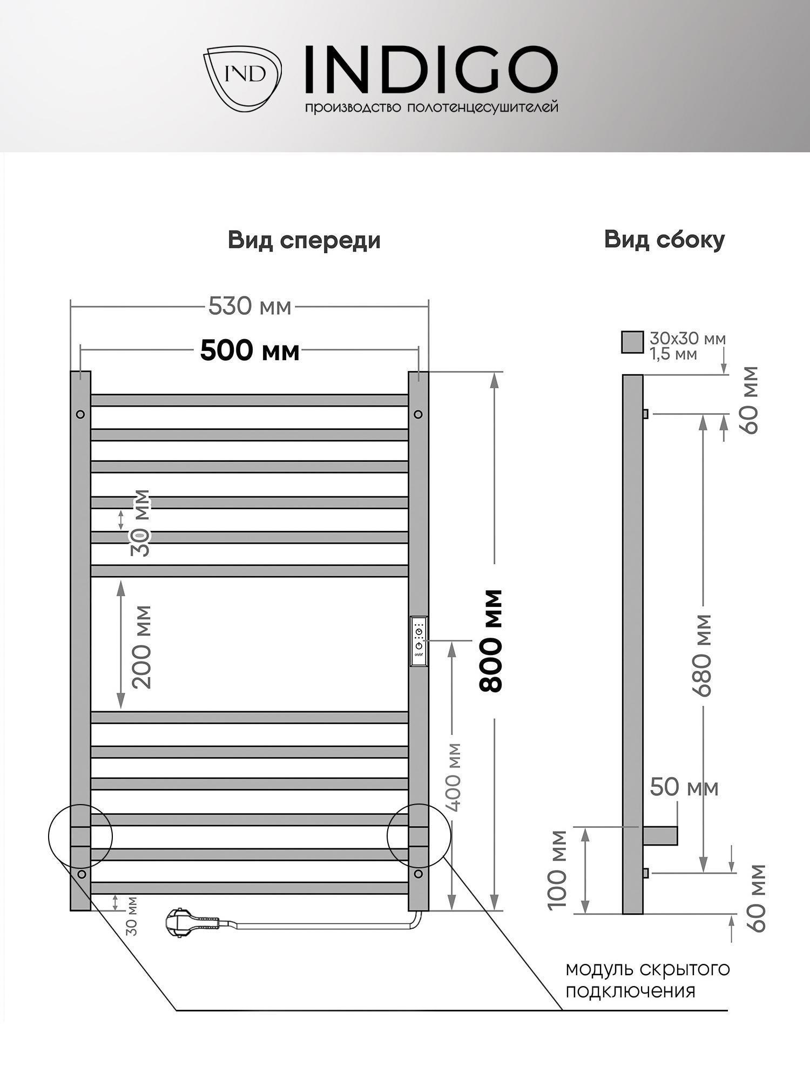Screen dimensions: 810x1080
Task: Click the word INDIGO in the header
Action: click(431, 69)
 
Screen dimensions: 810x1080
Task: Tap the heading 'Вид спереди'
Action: click(304, 240)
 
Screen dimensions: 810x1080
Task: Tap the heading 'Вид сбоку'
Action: click(664, 240)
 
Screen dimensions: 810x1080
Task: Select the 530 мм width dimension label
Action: click(250, 307)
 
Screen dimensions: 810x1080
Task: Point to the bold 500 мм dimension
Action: click(249, 351)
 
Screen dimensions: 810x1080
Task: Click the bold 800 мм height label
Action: click(491, 641)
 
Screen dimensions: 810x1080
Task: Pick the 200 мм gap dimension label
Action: click(141, 647)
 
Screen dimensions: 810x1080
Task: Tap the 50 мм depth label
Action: click(684, 787)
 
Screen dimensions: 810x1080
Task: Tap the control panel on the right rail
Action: click(419, 641)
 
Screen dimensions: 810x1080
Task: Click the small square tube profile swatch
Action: click(632, 342)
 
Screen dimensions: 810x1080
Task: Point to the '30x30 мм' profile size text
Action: click(687, 339)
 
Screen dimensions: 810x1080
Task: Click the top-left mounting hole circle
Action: click(80, 414)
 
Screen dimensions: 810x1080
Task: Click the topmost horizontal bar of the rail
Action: click(249, 400)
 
